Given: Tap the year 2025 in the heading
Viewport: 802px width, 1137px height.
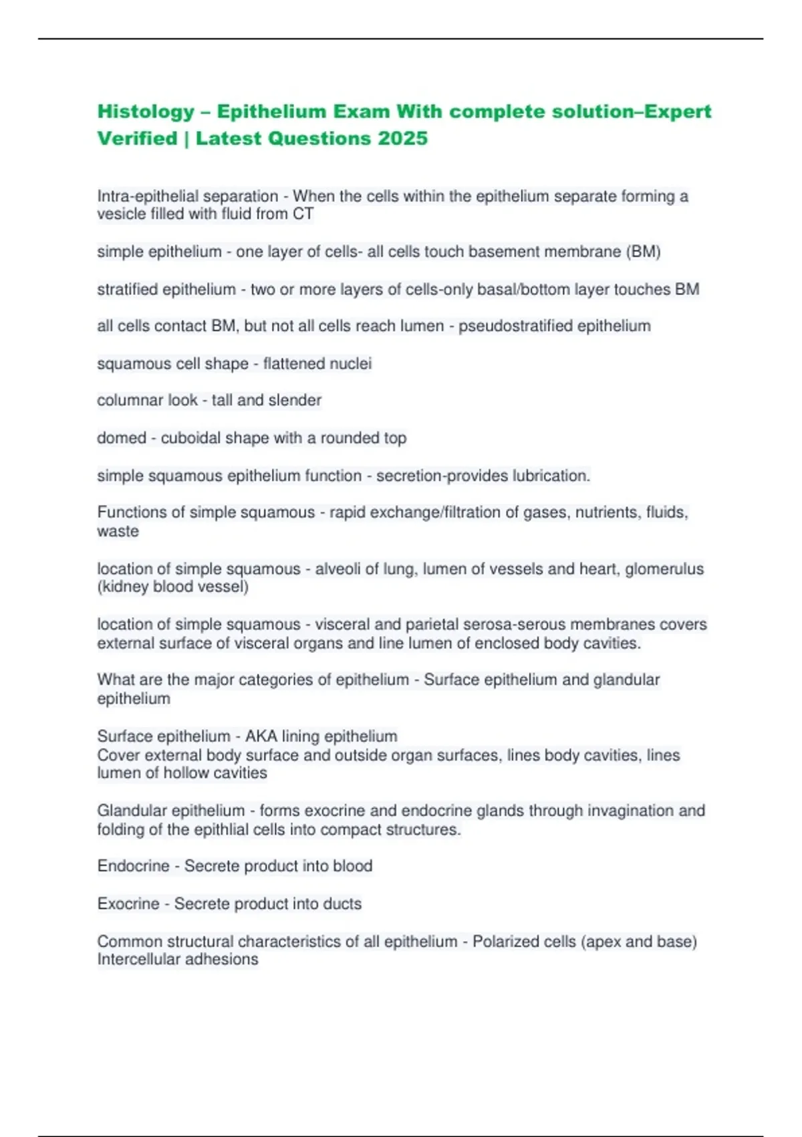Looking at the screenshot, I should coord(402,138).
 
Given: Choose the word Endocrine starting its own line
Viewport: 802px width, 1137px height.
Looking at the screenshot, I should coord(133,866).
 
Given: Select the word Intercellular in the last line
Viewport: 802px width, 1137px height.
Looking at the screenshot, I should coord(138,960).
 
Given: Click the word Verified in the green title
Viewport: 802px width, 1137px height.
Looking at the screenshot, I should coord(137,138).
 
